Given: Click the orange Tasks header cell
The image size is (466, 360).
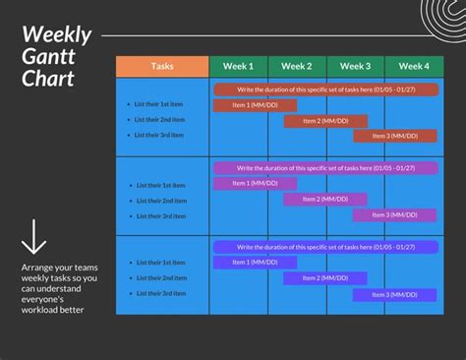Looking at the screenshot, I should [162, 67].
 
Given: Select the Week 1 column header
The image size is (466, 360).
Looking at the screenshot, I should [238, 67].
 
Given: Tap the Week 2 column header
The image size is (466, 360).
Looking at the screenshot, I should [297, 67].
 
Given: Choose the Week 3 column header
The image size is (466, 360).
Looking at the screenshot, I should [355, 67].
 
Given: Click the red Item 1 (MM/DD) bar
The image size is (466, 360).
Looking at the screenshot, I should [255, 104].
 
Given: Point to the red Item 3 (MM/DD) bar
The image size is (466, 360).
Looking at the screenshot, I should [395, 136].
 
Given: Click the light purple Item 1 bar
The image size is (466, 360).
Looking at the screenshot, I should [255, 183].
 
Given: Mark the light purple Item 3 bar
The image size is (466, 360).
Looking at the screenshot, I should [395, 214].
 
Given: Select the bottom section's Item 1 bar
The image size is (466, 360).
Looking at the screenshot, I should [255, 262].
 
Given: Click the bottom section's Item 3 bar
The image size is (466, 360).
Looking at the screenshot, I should [395, 294].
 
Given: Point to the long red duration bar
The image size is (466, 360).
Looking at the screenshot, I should [325, 89].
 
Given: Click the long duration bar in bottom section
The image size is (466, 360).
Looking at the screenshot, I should [325, 247].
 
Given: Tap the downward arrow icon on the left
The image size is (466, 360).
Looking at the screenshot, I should [34, 237].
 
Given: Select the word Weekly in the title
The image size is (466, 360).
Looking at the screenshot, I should [57, 35].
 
